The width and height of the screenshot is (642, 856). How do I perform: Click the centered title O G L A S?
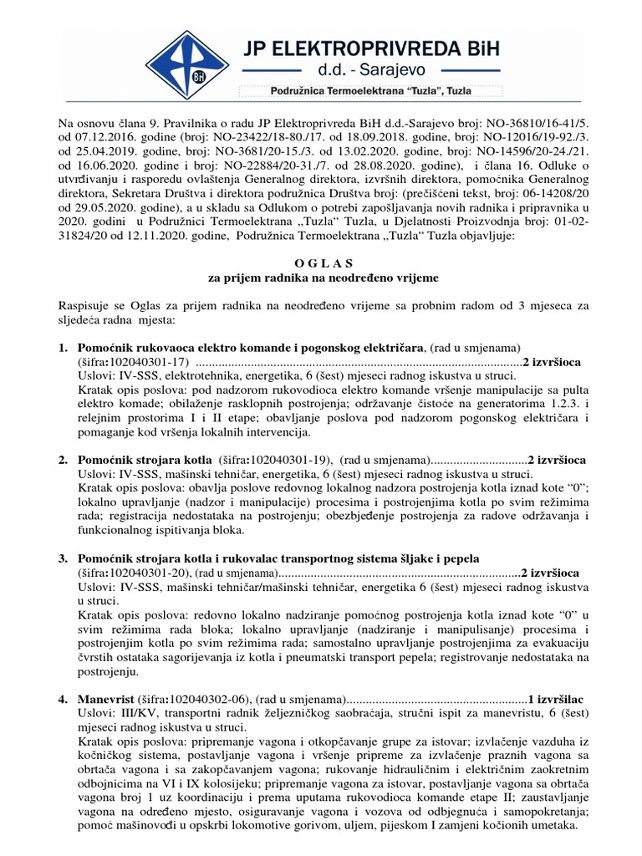pyautogui.click(x=322, y=262)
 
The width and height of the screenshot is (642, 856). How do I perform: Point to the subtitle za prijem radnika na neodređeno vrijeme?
pyautogui.click(x=322, y=277)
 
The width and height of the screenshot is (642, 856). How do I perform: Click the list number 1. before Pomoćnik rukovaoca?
pyautogui.click(x=64, y=347)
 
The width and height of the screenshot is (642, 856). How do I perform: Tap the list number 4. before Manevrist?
pyautogui.click(x=64, y=698)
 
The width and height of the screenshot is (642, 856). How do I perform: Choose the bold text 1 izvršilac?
pyautogui.click(x=555, y=698)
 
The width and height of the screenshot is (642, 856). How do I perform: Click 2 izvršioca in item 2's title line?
pyautogui.click(x=557, y=461)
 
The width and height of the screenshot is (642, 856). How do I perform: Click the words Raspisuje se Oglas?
pyautogui.click(x=108, y=305)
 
